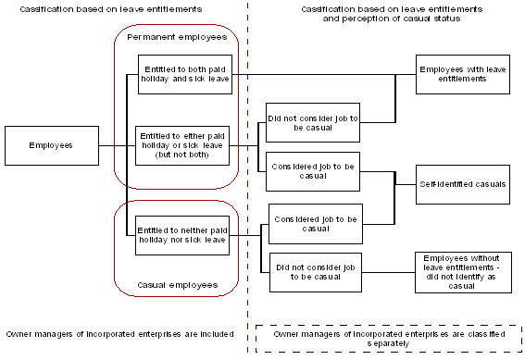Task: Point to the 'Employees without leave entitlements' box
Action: click(462, 273)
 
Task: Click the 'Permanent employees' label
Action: click(176, 41)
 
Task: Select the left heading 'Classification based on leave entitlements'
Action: click(104, 8)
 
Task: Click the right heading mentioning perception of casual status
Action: click(381, 13)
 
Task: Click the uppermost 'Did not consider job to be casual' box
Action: click(312, 124)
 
